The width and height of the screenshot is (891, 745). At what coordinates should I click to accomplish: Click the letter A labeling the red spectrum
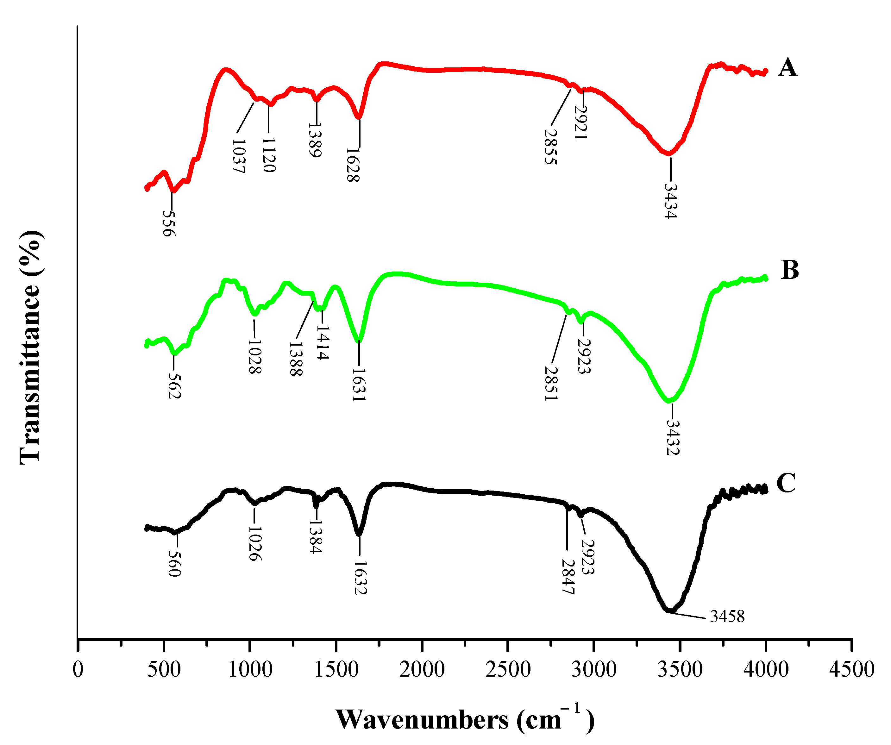click(x=787, y=68)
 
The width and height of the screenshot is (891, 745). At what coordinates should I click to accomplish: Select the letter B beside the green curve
click(x=790, y=270)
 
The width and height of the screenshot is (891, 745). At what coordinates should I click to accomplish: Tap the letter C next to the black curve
click(x=786, y=483)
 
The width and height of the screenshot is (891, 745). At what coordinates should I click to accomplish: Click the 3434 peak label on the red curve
click(x=670, y=201)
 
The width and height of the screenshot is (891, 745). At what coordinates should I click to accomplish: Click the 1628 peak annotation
click(x=353, y=165)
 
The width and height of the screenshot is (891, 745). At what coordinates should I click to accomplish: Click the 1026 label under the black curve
click(x=254, y=544)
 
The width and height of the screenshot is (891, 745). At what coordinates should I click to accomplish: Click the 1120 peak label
click(x=269, y=155)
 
